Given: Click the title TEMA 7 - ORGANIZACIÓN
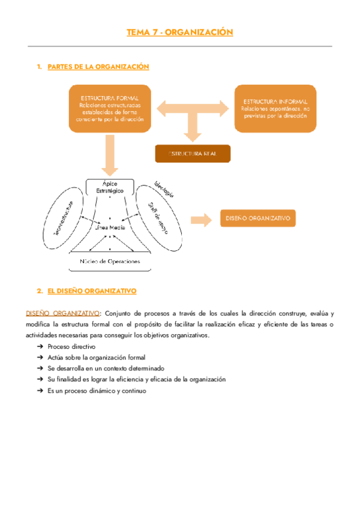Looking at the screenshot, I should (179, 32).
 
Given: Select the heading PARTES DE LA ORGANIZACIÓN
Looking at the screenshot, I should (98, 67).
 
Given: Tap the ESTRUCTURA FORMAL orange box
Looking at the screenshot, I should (109, 108).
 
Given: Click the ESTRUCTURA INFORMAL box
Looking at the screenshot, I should (275, 108).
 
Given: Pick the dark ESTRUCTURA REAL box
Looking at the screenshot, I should (193, 154).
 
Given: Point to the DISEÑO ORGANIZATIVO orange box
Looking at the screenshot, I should (259, 218).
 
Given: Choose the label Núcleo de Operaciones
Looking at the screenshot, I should (109, 262).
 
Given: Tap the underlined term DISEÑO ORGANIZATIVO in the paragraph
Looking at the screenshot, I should (62, 313).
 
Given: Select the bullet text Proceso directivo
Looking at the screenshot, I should (71, 347).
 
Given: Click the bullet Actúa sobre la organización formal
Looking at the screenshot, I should (96, 358).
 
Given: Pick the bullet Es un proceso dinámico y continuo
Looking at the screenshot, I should (96, 390).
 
